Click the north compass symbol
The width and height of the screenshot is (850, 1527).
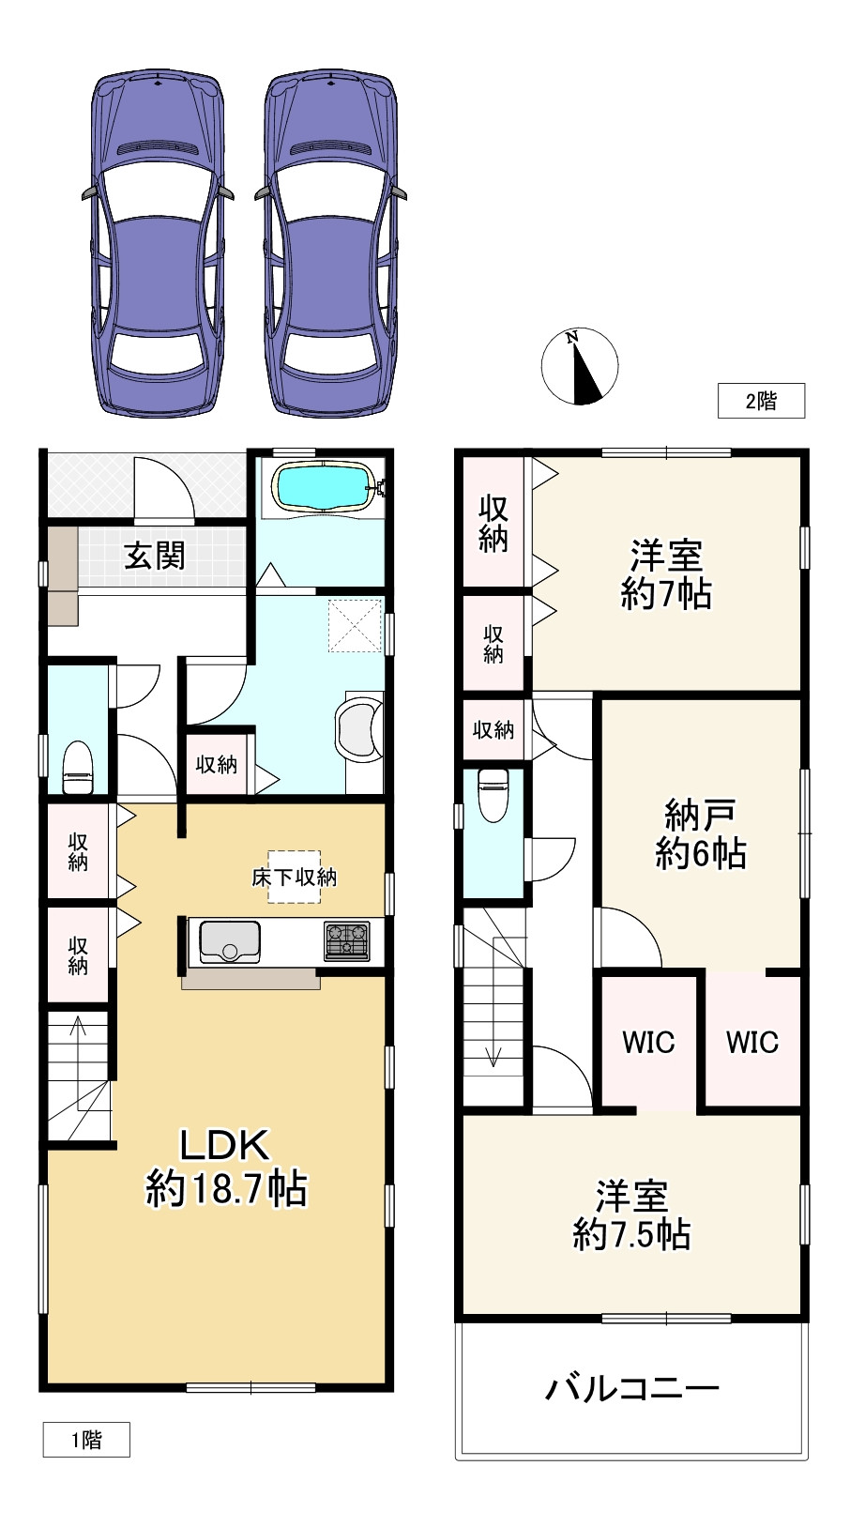pyautogui.click(x=580, y=367)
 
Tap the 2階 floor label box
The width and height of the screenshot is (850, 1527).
pyautogui.click(x=761, y=401)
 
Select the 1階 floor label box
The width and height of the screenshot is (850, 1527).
pyautogui.click(x=86, y=1440)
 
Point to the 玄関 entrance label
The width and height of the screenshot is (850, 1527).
pyautogui.click(x=155, y=556)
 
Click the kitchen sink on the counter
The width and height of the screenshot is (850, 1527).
pyautogui.click(x=228, y=941)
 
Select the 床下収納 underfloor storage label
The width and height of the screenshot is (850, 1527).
pyautogui.click(x=294, y=878)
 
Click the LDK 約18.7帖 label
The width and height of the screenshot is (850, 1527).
pyautogui.click(x=225, y=1167)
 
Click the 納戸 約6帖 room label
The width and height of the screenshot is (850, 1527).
pyautogui.click(x=700, y=833)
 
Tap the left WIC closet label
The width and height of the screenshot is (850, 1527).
pyautogui.click(x=648, y=1042)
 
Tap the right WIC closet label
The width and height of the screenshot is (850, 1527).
pyautogui.click(x=751, y=1042)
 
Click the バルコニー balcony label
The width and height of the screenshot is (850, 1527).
pyautogui.click(x=631, y=1387)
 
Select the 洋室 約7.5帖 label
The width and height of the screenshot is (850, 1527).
pyautogui.click(x=631, y=1215)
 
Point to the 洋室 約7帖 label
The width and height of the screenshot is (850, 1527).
pyautogui.click(x=666, y=574)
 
